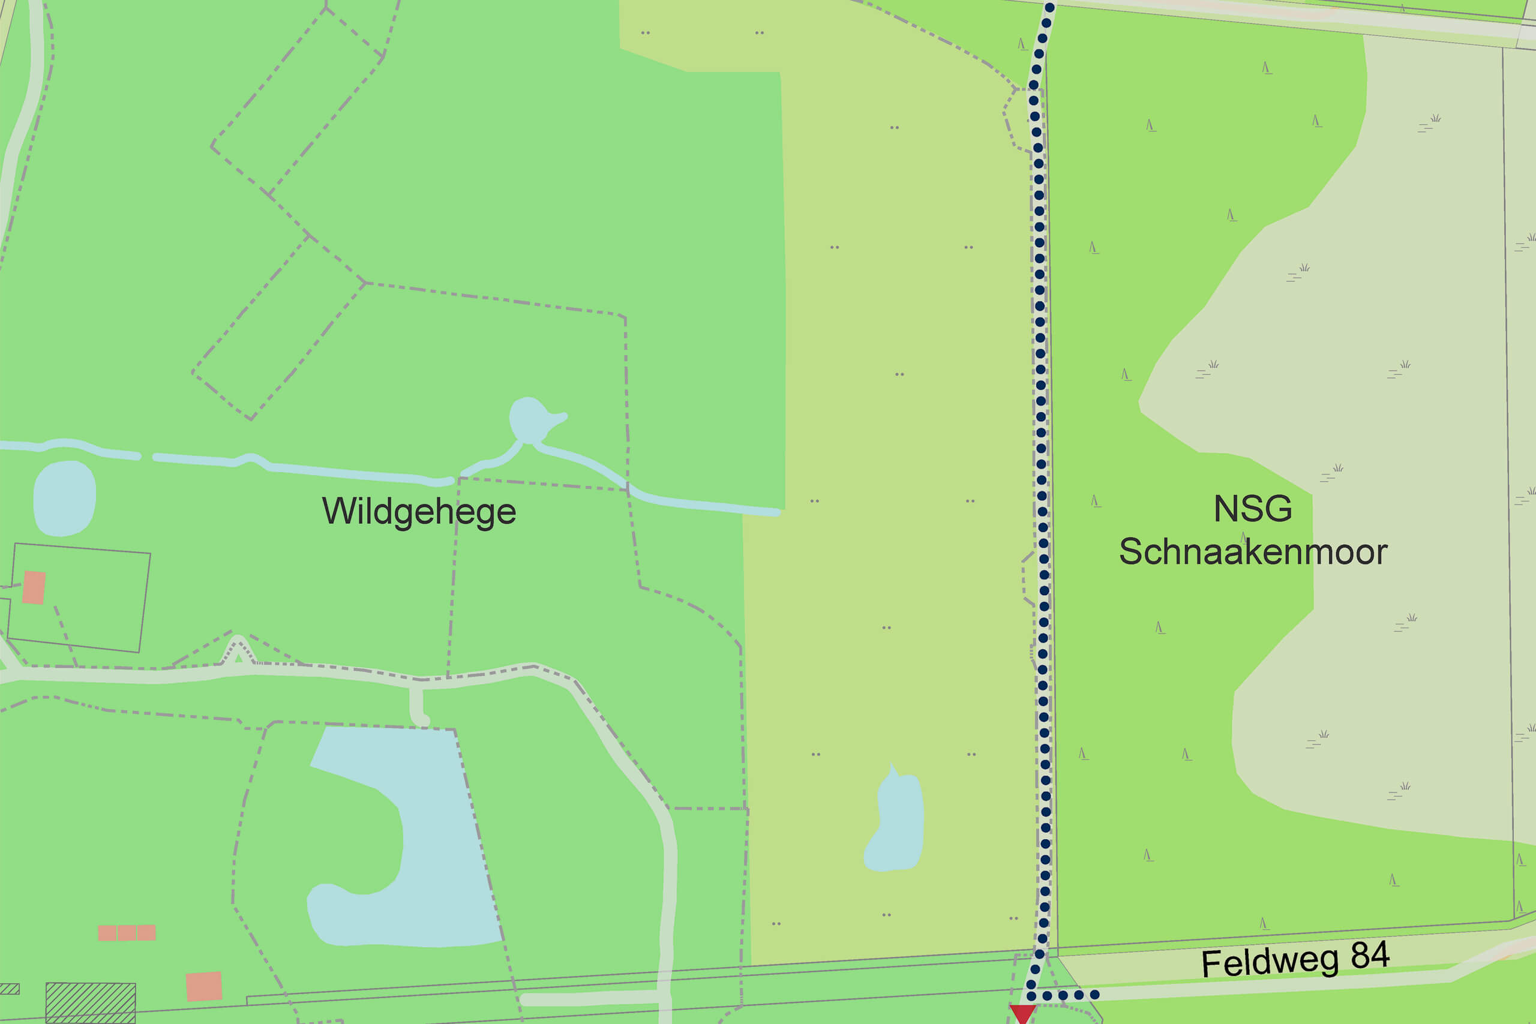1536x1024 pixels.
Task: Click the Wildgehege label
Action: [419, 511]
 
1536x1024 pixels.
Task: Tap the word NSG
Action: [1252, 509]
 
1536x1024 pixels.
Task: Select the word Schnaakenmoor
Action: [1253, 552]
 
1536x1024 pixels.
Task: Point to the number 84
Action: [1369, 956]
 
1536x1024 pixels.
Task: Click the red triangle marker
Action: [1022, 1013]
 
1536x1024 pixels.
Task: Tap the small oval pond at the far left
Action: [64, 499]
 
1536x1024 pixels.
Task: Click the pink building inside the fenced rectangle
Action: [34, 587]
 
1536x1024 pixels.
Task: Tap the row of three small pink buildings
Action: [127, 932]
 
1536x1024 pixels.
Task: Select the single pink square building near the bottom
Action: [204, 986]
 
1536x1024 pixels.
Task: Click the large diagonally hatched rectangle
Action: [90, 1002]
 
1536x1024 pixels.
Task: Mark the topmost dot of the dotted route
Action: [1049, 8]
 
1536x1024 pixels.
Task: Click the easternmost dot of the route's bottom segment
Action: [1094, 995]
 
